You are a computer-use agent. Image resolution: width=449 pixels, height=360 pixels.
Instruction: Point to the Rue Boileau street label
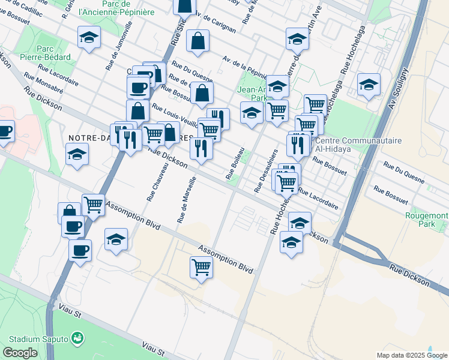(235, 163)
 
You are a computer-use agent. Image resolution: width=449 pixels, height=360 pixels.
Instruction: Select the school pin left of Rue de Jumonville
(89, 38)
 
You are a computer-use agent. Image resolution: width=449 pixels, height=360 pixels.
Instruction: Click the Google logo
(20, 353)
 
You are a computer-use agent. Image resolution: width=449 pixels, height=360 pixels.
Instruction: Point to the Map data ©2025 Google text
(411, 355)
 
